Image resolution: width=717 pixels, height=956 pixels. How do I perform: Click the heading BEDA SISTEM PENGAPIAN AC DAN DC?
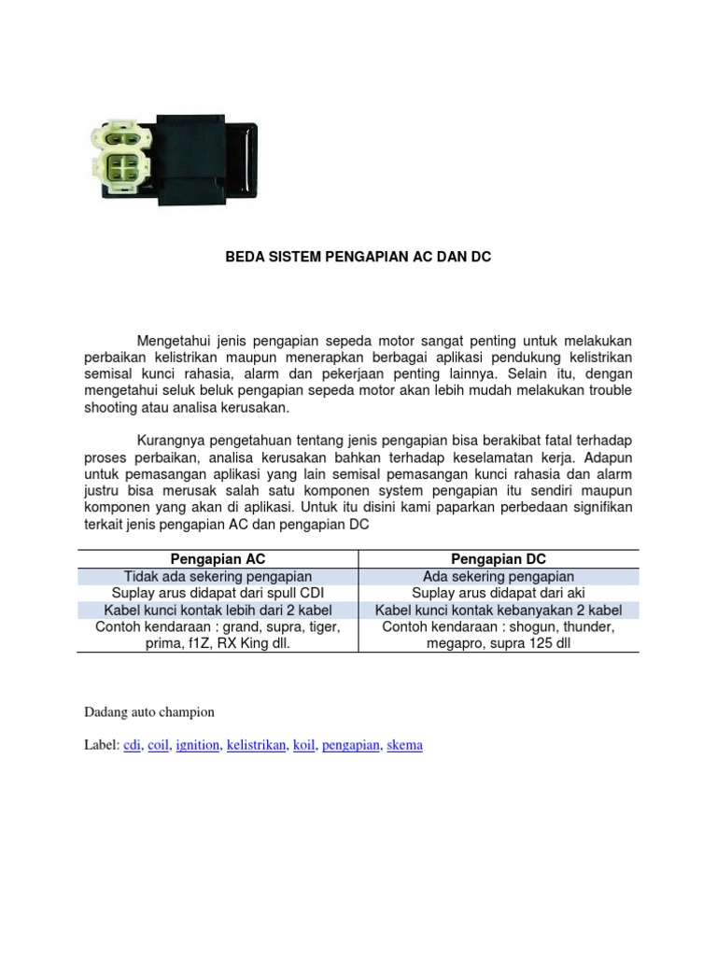coord(358,256)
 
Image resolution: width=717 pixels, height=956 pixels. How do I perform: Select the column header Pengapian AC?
coord(218,559)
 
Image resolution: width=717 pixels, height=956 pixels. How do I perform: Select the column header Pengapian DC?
coord(499,559)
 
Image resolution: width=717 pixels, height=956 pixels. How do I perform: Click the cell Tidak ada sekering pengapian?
coord(218,577)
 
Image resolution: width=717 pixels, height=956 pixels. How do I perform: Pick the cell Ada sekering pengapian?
coord(499,577)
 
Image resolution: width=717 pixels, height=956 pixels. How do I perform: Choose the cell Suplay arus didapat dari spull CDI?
coord(218,594)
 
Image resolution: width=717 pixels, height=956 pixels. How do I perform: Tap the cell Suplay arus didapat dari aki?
coord(499,594)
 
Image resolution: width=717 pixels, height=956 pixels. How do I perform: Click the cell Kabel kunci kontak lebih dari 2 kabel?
coord(218,611)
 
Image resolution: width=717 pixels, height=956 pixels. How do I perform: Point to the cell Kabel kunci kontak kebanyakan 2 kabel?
coord(499,611)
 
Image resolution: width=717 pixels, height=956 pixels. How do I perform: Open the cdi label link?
coord(133,745)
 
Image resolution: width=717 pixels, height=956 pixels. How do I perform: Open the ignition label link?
coord(198,745)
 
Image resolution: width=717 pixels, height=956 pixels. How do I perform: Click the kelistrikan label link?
coord(256,745)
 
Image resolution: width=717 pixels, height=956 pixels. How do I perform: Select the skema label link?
coord(404,745)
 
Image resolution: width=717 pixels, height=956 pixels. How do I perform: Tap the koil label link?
coord(303,745)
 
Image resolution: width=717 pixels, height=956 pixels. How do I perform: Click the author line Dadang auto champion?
coord(149,711)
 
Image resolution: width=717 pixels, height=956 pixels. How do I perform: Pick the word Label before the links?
coord(100,745)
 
